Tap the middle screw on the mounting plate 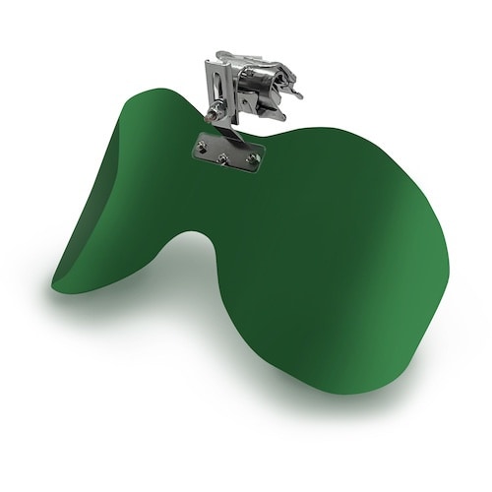(x=224, y=155)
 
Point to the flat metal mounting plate (x=228, y=154)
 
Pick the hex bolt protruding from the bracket (x=215, y=115)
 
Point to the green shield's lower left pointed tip (x=55, y=284)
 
